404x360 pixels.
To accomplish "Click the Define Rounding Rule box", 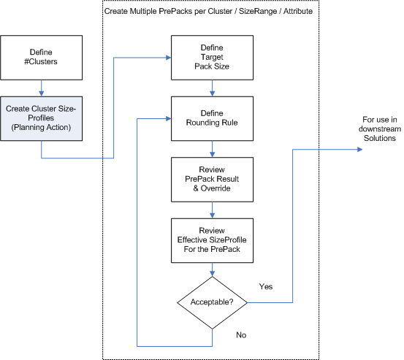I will (212, 117).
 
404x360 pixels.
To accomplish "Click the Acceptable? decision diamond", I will (212, 301).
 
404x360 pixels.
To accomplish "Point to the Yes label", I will (266, 286).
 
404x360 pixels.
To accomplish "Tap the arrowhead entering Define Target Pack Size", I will (167, 57).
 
